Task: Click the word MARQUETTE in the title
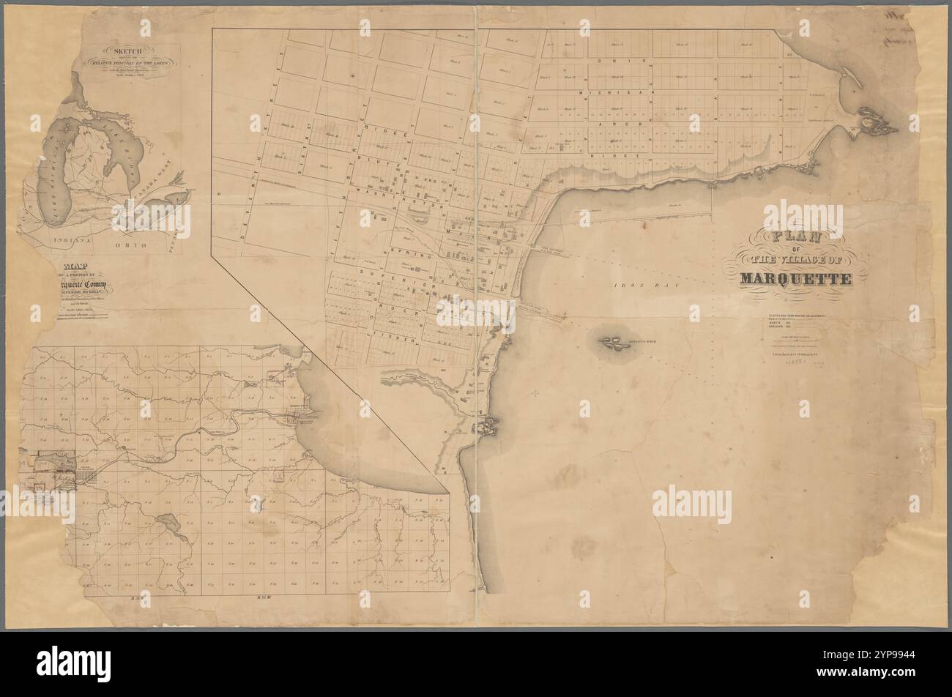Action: pos(795,279)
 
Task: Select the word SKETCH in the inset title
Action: pos(129,52)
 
